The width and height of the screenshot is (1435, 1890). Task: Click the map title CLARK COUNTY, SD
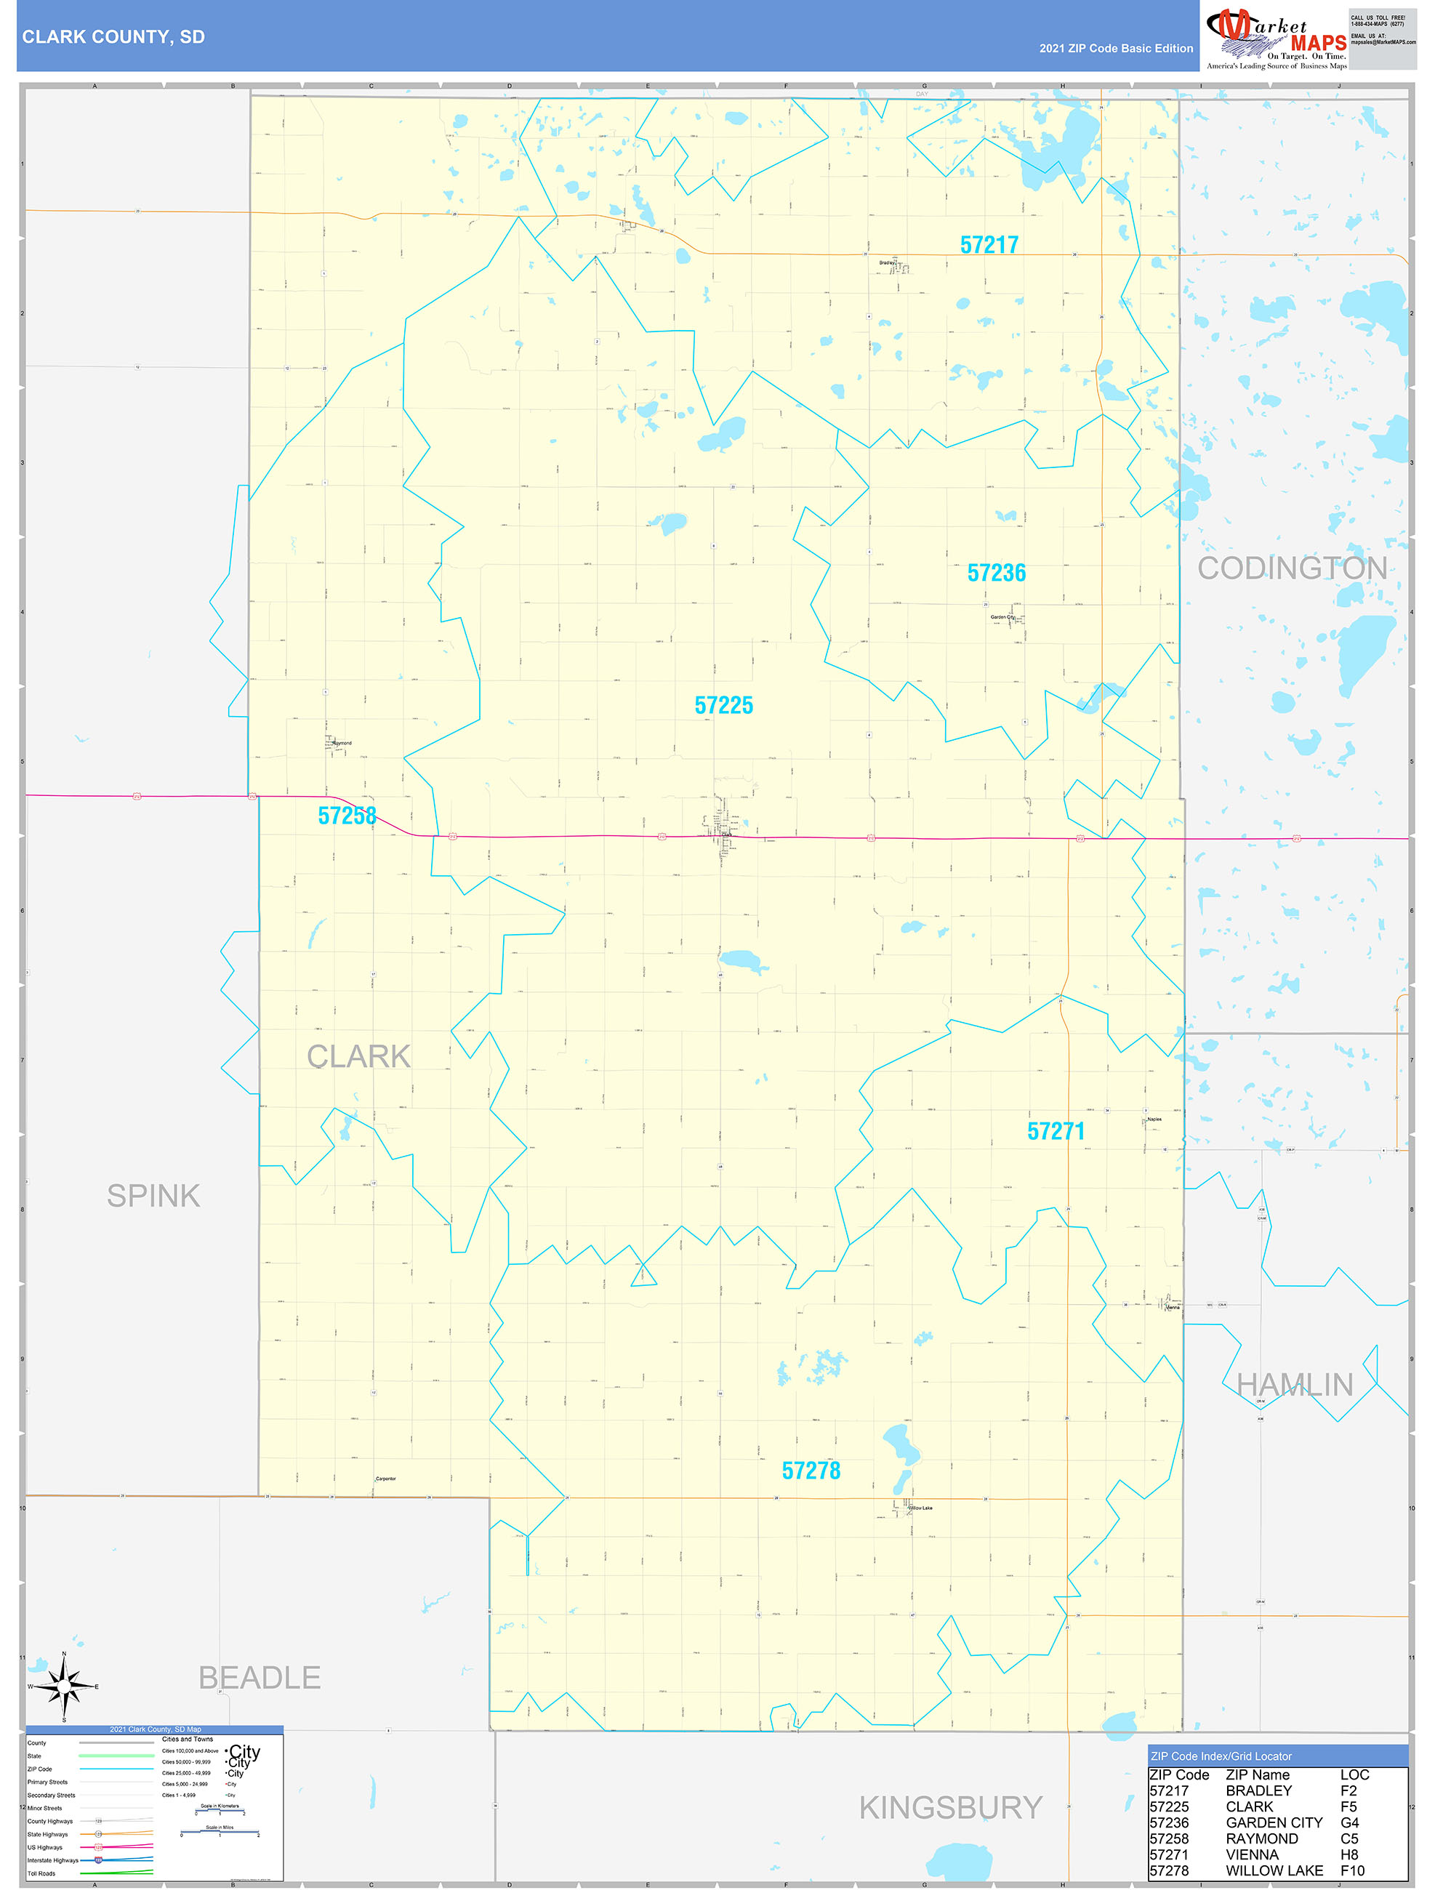(113, 37)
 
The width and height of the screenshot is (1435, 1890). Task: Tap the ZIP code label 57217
(989, 245)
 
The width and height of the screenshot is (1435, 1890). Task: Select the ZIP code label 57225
(723, 705)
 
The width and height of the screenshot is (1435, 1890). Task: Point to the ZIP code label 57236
(996, 573)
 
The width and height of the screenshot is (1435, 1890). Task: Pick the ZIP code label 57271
(1056, 1131)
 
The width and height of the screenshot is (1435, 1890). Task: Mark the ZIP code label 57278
(811, 1471)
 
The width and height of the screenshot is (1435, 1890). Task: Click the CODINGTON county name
(1291, 568)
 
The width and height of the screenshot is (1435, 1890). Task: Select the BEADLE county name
(259, 1677)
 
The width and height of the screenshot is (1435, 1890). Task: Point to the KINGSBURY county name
(950, 1807)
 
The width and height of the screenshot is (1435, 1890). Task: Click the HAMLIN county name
(1294, 1385)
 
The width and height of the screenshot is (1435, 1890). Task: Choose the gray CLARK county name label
(358, 1056)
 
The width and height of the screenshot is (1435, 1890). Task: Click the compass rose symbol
(63, 1686)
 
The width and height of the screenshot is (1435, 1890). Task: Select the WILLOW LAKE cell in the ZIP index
(1274, 1870)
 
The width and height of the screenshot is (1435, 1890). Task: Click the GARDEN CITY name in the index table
(1274, 1822)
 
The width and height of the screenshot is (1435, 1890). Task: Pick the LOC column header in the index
(1354, 1774)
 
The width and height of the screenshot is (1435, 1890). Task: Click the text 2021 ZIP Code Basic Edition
(1115, 49)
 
